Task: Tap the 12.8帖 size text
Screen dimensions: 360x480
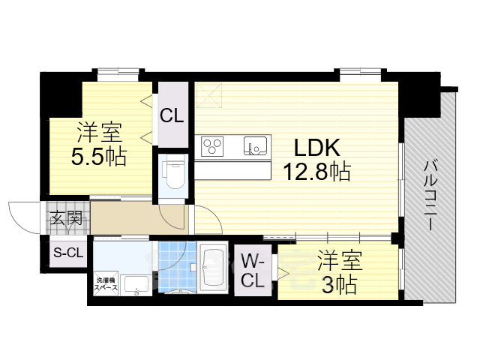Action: click(316, 172)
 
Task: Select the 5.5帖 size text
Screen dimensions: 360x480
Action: click(100, 157)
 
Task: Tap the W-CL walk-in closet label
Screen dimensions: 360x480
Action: click(252, 271)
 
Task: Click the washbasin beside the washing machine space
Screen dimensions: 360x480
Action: click(135, 283)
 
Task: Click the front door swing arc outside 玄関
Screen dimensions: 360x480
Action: click(22, 214)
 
